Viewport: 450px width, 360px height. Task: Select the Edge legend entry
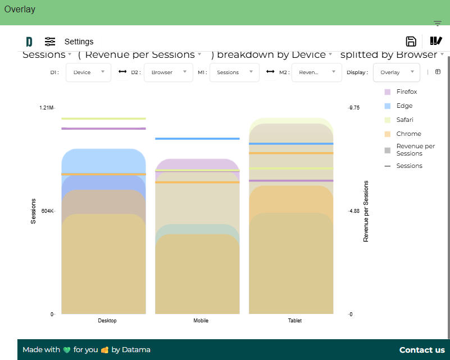click(404, 106)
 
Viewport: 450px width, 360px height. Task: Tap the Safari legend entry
click(405, 120)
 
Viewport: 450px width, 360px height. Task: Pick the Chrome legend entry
click(408, 134)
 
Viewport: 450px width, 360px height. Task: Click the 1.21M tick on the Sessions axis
click(46, 107)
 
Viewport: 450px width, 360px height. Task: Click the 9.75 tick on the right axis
click(354, 107)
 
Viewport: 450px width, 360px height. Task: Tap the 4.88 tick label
click(354, 211)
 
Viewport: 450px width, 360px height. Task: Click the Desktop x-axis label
click(107, 321)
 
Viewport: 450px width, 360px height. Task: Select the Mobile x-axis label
click(201, 321)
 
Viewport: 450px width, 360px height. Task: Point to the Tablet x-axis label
click(295, 321)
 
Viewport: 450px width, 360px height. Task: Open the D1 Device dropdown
click(88, 72)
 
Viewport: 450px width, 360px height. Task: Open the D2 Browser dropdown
click(169, 72)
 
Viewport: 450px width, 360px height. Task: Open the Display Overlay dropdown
click(396, 72)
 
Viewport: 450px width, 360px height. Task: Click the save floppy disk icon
click(411, 41)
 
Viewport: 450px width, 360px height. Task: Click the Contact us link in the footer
click(422, 350)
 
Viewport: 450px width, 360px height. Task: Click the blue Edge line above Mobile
click(197, 139)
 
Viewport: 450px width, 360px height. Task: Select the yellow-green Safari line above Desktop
click(103, 119)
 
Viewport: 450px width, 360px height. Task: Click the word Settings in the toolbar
click(79, 42)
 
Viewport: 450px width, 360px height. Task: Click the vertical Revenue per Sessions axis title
click(366, 211)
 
